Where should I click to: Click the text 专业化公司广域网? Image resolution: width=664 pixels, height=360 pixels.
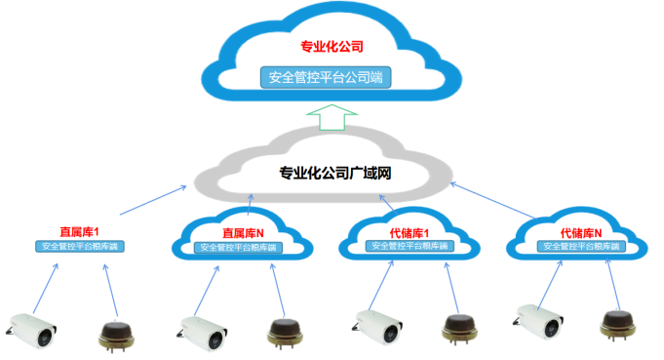(x=335, y=174)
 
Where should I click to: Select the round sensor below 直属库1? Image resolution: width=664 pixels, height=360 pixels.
(x=117, y=333)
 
